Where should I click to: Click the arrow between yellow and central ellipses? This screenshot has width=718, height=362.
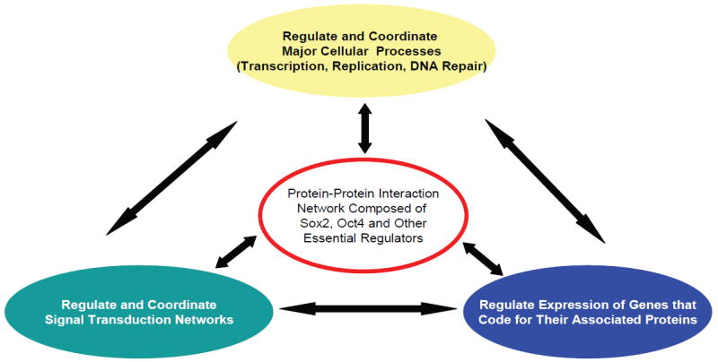tap(364, 128)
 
